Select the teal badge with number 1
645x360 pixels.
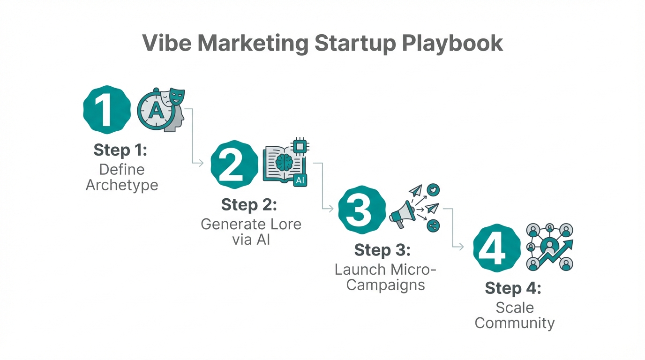tap(107, 109)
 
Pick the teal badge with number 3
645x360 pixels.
tap(361, 210)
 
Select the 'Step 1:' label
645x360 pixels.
tap(120, 150)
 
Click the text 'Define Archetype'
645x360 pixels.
tap(122, 177)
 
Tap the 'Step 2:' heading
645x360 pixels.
tap(249, 205)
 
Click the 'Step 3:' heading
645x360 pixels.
tap(382, 250)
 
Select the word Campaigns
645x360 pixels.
tap(385, 285)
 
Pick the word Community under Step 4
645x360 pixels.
tap(514, 323)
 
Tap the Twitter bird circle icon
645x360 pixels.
tap(434, 190)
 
